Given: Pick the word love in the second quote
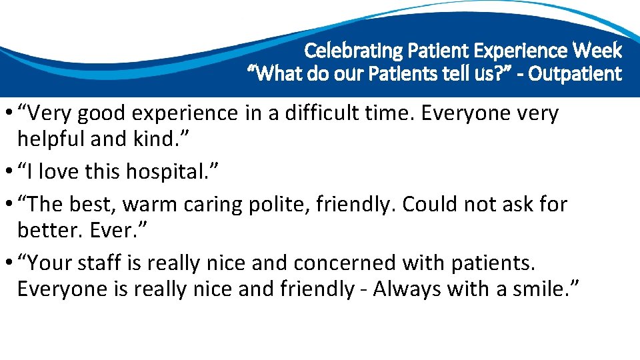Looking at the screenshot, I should coord(61,172).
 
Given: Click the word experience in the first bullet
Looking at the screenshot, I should coord(181,115).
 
